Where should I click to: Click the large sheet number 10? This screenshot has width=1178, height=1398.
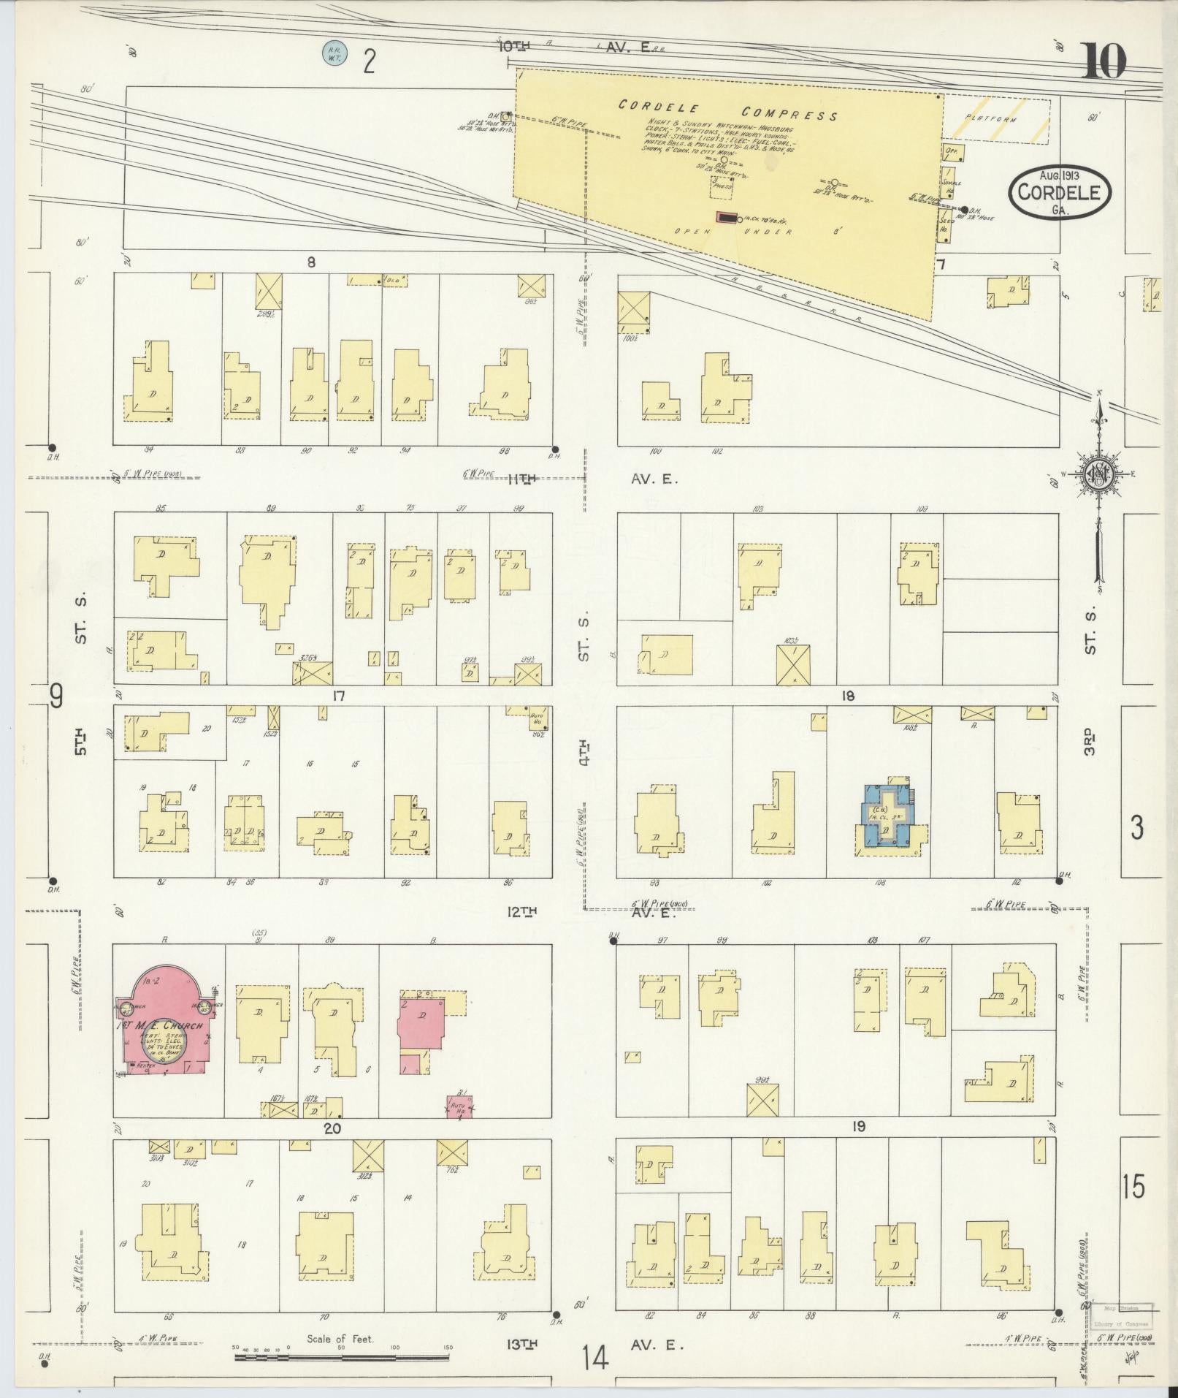point(1104,61)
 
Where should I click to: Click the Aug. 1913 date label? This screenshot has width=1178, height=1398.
point(1060,175)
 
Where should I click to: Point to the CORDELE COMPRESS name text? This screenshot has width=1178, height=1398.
point(727,110)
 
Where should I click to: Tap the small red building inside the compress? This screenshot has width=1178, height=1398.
point(726,217)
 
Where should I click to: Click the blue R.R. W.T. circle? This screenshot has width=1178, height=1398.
point(335,53)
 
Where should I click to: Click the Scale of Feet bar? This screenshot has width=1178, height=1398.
point(341,1357)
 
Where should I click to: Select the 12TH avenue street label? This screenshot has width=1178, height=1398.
point(522,911)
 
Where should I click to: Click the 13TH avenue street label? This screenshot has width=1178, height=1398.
point(522,1343)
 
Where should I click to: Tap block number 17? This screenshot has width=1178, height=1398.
point(337,696)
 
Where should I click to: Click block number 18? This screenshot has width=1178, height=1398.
point(847,696)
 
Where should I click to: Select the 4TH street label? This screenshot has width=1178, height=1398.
point(584,753)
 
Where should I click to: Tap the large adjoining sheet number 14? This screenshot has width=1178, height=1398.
point(595,1358)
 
